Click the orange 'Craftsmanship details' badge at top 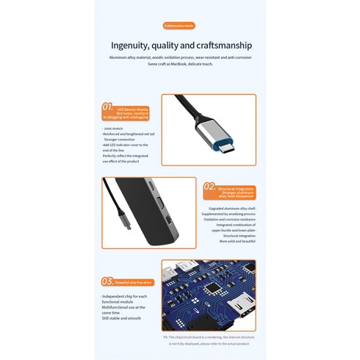click(179, 25)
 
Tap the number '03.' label click(107, 281)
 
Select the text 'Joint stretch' click(112, 128)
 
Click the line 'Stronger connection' click(120, 139)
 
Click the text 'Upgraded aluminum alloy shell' click(231, 208)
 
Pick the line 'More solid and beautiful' click(237, 241)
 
